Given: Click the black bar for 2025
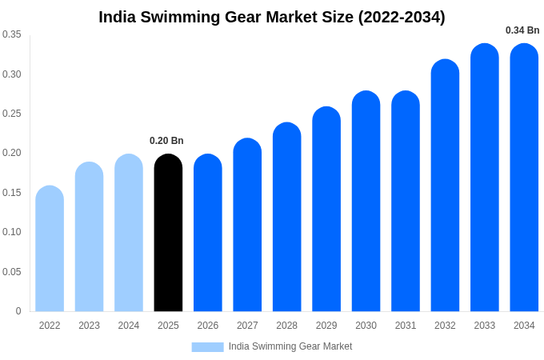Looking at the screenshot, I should (168, 233).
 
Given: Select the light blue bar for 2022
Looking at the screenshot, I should (50, 249).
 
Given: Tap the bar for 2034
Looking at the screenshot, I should (524, 178).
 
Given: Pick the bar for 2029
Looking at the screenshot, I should (326, 209).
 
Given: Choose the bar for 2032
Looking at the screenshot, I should (445, 186).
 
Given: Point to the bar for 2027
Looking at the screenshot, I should (247, 225).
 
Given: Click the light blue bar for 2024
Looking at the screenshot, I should (129, 233).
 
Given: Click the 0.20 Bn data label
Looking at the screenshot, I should (166, 141).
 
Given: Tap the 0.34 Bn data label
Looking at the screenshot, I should (522, 30).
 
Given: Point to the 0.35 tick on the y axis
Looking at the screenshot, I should (12, 34).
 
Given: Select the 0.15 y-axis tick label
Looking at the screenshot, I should (12, 193).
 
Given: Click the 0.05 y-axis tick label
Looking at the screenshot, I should (12, 272).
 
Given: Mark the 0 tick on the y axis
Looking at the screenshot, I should (18, 311).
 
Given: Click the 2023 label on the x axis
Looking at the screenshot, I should (89, 326).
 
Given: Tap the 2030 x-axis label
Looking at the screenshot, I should (366, 326).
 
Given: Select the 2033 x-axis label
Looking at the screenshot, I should (484, 326).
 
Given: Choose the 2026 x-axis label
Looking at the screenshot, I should (208, 326).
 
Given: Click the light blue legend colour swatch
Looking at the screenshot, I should (207, 347).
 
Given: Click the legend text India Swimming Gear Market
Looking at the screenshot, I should (290, 346).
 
